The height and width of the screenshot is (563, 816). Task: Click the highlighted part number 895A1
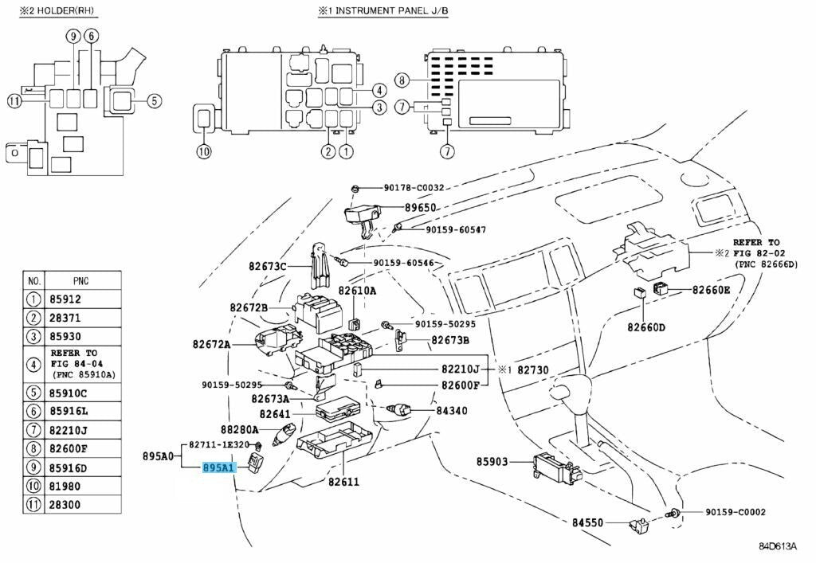tap(218, 467)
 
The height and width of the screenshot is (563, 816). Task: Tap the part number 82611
tap(344, 482)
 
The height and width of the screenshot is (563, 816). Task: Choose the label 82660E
tap(711, 290)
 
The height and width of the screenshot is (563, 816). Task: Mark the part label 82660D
tap(645, 326)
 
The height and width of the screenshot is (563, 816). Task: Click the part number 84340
tap(452, 411)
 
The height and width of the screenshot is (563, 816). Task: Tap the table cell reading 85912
tap(83, 300)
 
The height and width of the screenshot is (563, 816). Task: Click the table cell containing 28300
tap(83, 505)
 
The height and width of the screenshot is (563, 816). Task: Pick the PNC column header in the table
tap(82, 280)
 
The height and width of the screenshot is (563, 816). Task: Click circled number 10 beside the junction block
tap(203, 151)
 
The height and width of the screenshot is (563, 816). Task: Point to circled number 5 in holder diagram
tap(154, 100)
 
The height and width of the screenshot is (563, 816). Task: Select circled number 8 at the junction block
tap(402, 80)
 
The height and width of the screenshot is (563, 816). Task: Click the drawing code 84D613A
tap(777, 545)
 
